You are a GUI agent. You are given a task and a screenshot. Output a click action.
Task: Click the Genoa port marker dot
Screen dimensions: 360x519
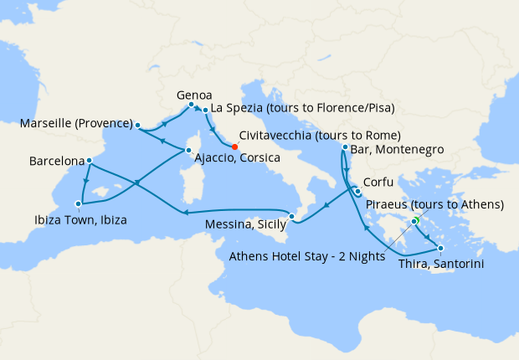(192, 105)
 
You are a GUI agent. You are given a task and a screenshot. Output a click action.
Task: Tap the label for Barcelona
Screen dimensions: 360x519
(56, 158)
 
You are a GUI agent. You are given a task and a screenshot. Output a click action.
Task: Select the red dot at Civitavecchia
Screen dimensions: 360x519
(234, 147)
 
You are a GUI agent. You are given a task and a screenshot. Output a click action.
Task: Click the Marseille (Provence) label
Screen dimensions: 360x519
(77, 125)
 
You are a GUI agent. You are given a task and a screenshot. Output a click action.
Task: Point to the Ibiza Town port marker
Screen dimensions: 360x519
(78, 203)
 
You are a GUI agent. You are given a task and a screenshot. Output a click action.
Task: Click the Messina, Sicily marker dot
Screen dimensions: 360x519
(291, 217)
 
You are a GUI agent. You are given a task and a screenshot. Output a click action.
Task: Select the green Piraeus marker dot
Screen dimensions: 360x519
(414, 221)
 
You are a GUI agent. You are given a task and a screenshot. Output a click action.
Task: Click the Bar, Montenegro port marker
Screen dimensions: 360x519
(345, 147)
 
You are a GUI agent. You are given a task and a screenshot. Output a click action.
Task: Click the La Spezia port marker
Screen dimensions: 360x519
(205, 109)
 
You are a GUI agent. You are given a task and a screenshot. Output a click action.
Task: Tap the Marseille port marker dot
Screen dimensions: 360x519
(138, 125)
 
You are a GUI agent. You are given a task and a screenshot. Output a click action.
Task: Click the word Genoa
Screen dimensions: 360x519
(194, 95)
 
